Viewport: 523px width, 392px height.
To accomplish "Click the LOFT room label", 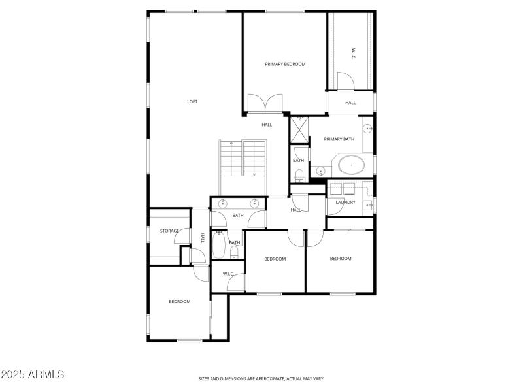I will point(192,101).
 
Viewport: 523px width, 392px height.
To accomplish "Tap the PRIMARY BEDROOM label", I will point(285,64).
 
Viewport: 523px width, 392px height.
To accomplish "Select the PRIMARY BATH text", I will point(339,139).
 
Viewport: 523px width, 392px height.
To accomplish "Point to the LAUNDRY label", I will point(345,202).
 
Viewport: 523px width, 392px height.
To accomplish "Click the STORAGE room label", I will point(169,231).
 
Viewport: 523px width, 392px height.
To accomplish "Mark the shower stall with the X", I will point(299,129).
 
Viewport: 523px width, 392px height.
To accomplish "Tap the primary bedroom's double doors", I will point(264,104).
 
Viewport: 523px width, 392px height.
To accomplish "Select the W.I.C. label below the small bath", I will point(228,274).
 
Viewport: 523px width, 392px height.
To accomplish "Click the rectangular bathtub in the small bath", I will point(218,247).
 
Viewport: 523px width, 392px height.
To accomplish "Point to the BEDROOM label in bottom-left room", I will point(179,301).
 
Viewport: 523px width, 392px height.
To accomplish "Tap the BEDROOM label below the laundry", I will point(341,259).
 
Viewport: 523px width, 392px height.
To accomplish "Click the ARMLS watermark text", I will point(33,375).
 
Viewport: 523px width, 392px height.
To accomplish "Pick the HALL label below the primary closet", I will point(350,103).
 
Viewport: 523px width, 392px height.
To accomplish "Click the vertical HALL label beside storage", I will point(203,238).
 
